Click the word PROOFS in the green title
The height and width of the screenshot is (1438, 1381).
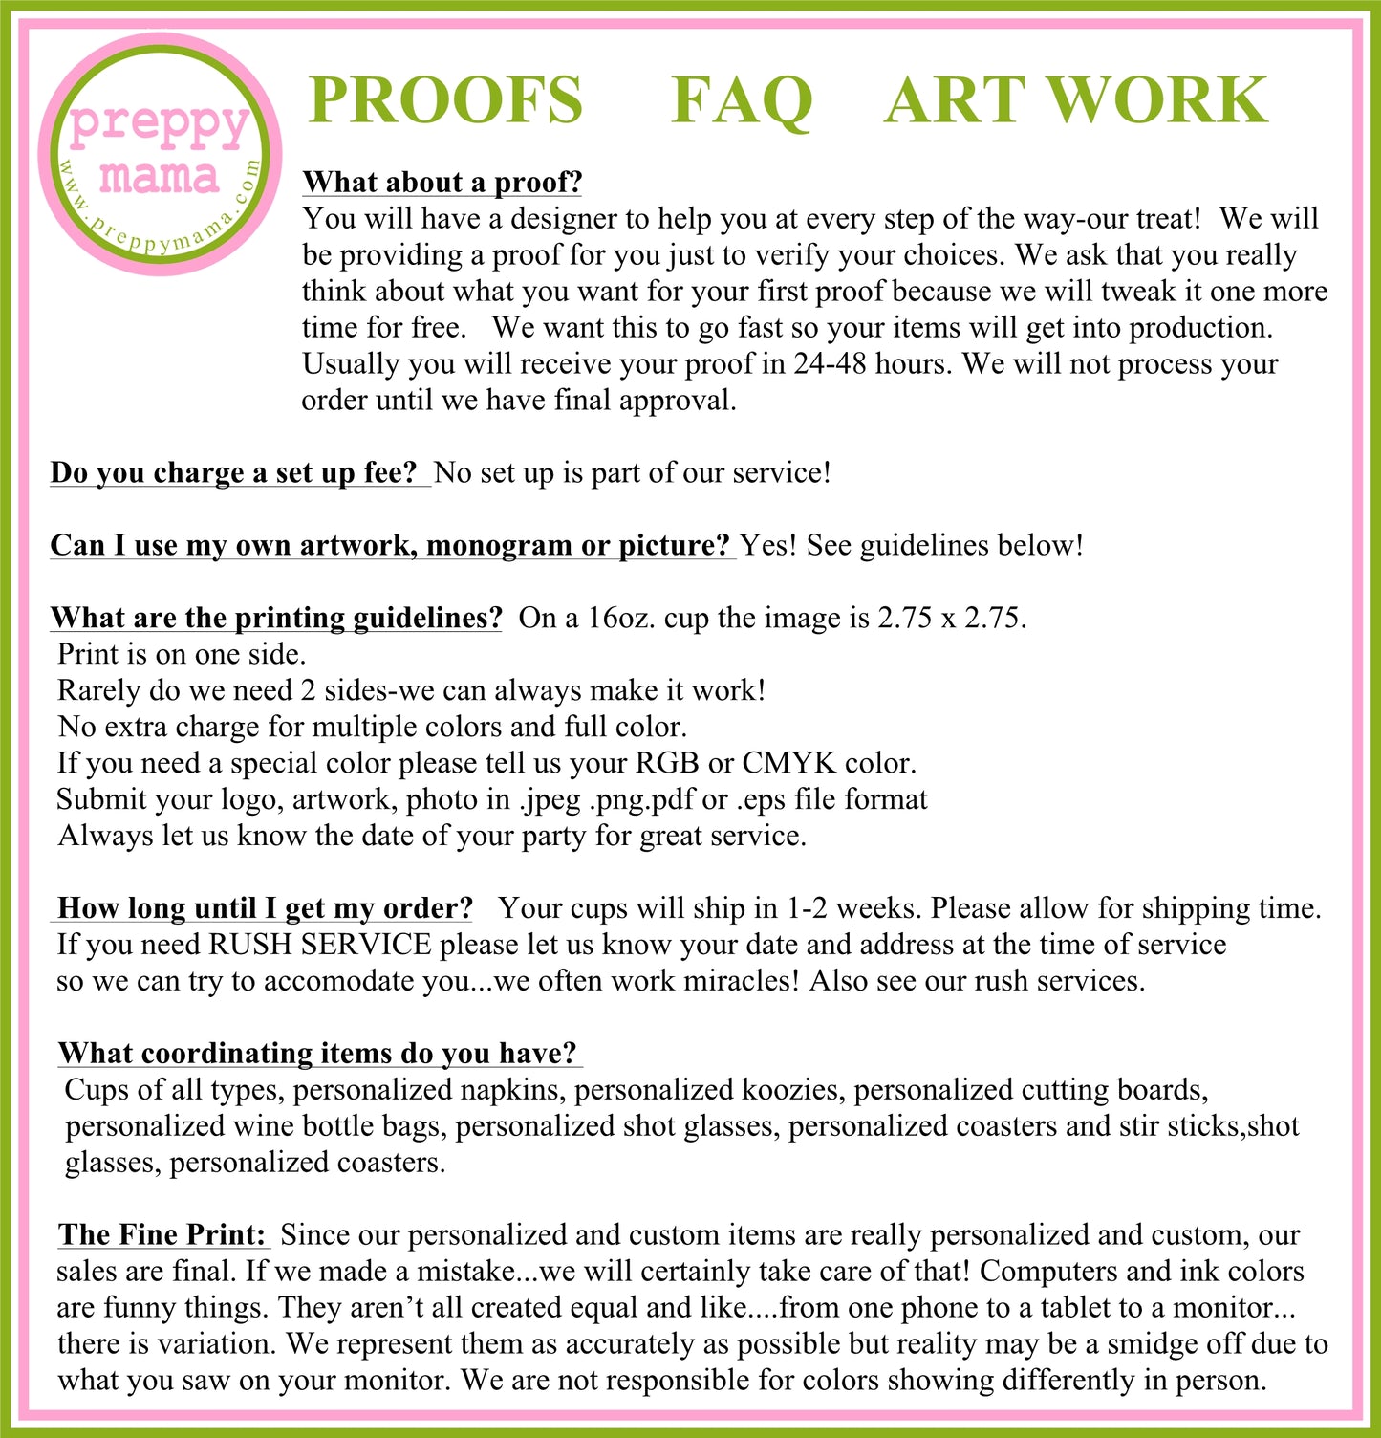445,100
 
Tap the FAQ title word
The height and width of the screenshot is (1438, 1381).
741,101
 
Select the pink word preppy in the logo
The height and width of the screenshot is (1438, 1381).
160,124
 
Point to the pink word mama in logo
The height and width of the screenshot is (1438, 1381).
159,177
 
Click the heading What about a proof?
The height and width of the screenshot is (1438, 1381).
442,182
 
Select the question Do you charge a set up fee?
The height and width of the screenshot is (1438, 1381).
234,472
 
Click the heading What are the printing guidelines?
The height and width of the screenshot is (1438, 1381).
276,618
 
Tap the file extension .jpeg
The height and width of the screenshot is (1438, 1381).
550,800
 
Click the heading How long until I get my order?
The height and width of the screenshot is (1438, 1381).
266,908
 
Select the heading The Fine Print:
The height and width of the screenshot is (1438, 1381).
162,1235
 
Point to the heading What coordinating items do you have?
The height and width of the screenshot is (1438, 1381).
318,1054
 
